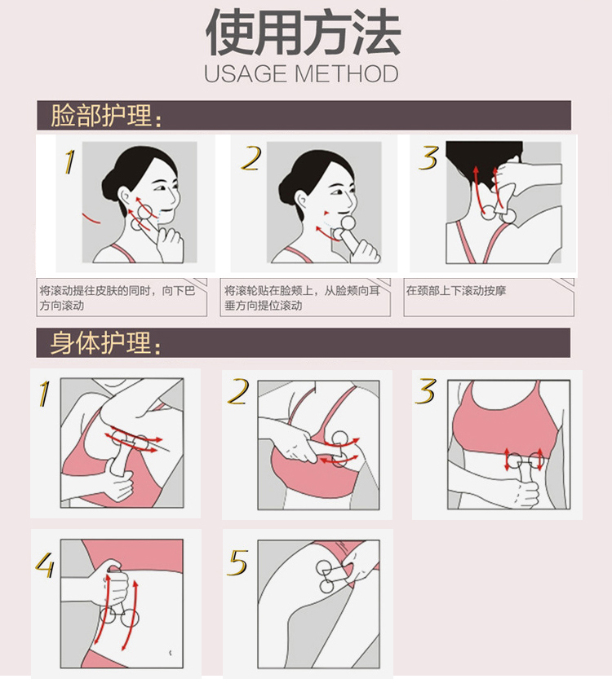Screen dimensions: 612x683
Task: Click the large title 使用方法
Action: pos(303,33)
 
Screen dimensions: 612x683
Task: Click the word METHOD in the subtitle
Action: pos(347,74)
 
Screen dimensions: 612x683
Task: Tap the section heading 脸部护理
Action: pos(106,116)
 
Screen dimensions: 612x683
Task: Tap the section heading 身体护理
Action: pos(106,343)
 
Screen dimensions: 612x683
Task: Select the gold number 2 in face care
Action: pos(251,158)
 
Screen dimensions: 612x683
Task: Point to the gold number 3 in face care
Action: pos(428,157)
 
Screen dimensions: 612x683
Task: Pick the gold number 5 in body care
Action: pos(238,562)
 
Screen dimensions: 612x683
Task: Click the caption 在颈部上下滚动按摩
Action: pos(456,290)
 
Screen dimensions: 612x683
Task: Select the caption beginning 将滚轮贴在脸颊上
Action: pos(302,298)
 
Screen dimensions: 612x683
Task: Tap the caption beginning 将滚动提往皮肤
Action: pos(118,298)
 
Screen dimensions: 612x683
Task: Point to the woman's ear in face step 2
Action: pos(302,200)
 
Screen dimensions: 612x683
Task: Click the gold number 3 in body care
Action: pos(426,391)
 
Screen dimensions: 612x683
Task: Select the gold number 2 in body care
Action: pos(238,391)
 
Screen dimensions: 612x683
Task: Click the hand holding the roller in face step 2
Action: pos(363,251)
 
